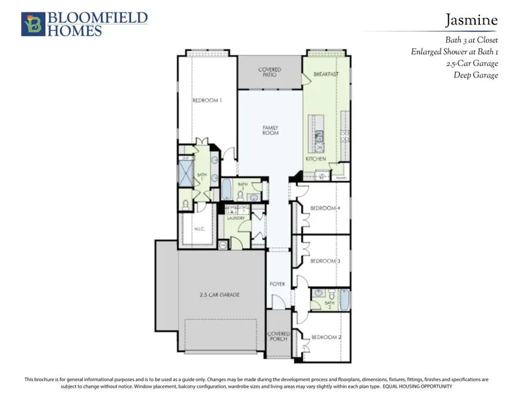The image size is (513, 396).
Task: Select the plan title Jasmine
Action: click(x=471, y=21)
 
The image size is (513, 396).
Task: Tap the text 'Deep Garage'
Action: click(x=475, y=75)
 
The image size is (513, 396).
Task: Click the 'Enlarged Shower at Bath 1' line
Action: click(x=454, y=52)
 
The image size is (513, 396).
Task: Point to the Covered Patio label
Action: click(x=270, y=72)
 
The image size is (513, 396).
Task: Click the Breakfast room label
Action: click(x=326, y=75)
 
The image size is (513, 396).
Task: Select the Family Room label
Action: click(x=270, y=130)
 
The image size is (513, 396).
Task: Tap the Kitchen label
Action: click(x=316, y=159)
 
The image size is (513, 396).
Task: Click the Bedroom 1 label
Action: click(x=206, y=100)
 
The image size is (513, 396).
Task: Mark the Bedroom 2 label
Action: click(x=326, y=337)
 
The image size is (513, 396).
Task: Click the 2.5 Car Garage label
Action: click(x=219, y=295)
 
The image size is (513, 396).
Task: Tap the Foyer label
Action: click(x=277, y=284)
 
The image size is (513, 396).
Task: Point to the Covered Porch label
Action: click(x=279, y=337)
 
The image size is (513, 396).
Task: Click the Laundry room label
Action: click(x=236, y=218)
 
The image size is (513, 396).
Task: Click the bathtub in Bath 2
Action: click(x=344, y=300)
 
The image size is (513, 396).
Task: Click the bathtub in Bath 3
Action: click(x=226, y=189)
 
